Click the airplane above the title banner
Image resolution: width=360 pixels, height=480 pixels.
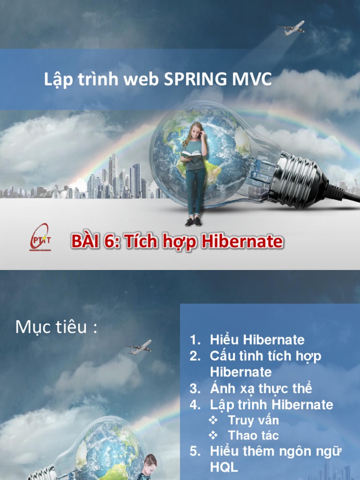(291, 28)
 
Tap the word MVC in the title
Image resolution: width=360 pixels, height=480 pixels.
(252, 79)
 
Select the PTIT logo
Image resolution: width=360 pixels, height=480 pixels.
(40, 237)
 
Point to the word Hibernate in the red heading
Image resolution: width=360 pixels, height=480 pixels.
(242, 241)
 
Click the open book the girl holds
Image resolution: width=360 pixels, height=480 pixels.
(191, 154)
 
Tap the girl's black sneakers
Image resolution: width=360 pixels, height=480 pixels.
(193, 222)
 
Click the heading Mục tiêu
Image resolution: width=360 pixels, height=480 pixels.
(56, 327)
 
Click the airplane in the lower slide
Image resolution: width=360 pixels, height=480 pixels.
(139, 347)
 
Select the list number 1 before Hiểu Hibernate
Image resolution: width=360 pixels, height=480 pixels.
(195, 340)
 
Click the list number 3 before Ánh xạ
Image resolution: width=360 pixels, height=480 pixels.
(195, 389)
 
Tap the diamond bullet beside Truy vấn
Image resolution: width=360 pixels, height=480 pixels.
(213, 420)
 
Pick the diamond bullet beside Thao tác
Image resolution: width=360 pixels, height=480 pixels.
(213, 435)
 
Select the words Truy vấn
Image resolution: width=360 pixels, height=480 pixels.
(253, 420)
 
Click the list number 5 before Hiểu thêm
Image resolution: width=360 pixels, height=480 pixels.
(195, 451)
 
